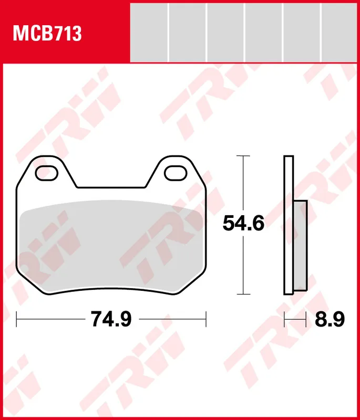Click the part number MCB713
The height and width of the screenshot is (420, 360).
coord(47,34)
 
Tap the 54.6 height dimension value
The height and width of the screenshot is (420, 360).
coord(243,223)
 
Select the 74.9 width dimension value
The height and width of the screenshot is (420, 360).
coord(111,319)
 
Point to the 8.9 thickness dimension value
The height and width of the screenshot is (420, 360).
coord(330,319)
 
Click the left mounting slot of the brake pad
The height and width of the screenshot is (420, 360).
coord(46,173)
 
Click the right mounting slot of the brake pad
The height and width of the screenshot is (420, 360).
coord(176,173)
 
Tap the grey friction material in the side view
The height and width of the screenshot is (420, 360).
coord(300,246)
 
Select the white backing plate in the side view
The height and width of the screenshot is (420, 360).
coord(289,225)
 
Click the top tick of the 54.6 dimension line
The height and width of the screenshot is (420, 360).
coord(243,155)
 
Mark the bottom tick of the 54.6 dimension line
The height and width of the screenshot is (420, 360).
coord(243,294)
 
